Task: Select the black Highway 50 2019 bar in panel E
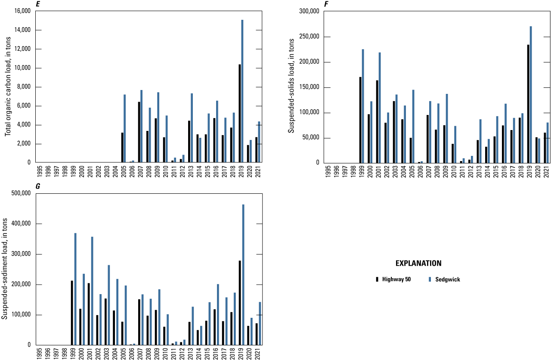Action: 239,114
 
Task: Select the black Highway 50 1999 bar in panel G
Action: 72,313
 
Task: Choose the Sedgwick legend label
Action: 448,279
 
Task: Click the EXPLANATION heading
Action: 418,263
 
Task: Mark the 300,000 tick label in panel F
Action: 307,12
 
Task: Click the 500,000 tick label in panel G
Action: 18,194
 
